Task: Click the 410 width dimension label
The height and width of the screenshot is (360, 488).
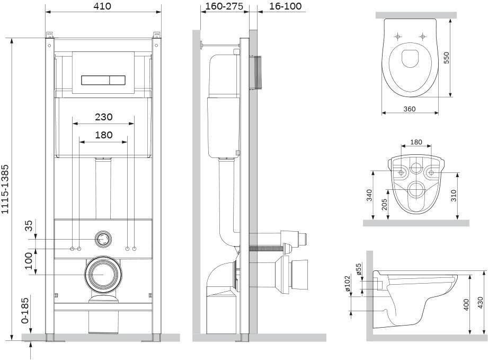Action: tap(102, 6)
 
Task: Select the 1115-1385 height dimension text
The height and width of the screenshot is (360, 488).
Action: tap(5, 189)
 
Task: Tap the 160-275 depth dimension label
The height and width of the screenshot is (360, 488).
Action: tap(224, 6)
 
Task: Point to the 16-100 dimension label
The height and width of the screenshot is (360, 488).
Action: tap(285, 6)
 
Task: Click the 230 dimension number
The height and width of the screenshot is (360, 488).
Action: tap(104, 117)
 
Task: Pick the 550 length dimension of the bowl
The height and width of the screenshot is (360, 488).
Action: tap(446, 58)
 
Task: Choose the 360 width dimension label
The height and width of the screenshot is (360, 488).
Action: tap(409, 109)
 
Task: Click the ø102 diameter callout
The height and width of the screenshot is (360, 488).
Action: tap(348, 283)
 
